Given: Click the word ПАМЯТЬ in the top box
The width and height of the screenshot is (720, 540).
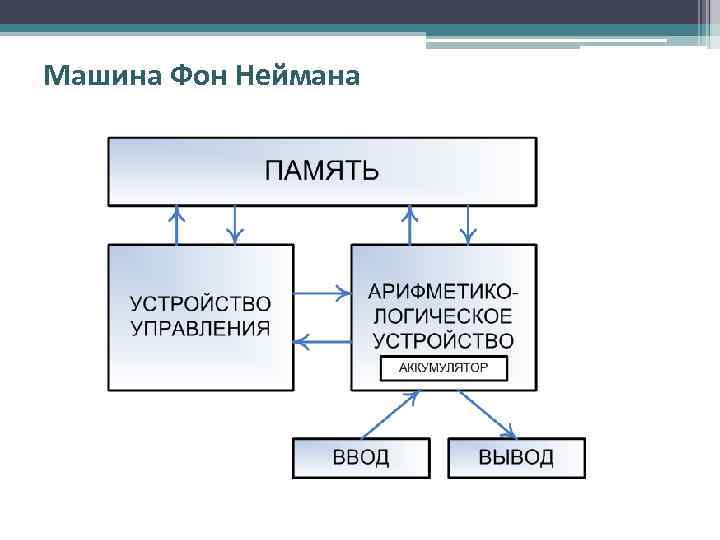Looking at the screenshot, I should pyautogui.click(x=321, y=169).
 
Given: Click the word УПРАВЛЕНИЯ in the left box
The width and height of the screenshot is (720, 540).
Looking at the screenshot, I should pyautogui.click(x=201, y=328).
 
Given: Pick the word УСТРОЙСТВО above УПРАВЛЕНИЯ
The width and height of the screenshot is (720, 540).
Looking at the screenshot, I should pyautogui.click(x=201, y=303).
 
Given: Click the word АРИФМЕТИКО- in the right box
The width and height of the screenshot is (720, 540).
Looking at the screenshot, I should pyautogui.click(x=444, y=293).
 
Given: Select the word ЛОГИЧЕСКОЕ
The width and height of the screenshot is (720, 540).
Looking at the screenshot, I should pyautogui.click(x=444, y=316).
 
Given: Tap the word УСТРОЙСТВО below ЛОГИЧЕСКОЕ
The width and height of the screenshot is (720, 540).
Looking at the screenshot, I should pyautogui.click(x=444, y=340).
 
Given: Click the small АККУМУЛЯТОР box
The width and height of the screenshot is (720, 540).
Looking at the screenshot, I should pyautogui.click(x=444, y=368).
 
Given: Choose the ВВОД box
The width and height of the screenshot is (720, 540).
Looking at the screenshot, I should pyautogui.click(x=361, y=458).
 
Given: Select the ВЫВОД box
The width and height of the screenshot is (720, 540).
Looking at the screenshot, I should pyautogui.click(x=515, y=458).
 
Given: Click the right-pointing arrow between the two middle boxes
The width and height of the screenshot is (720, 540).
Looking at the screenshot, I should pyautogui.click(x=323, y=293).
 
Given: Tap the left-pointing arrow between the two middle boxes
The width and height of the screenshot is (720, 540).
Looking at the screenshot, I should pyautogui.click(x=323, y=343).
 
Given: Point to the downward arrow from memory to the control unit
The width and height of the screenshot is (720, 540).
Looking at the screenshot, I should pyautogui.click(x=235, y=225).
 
